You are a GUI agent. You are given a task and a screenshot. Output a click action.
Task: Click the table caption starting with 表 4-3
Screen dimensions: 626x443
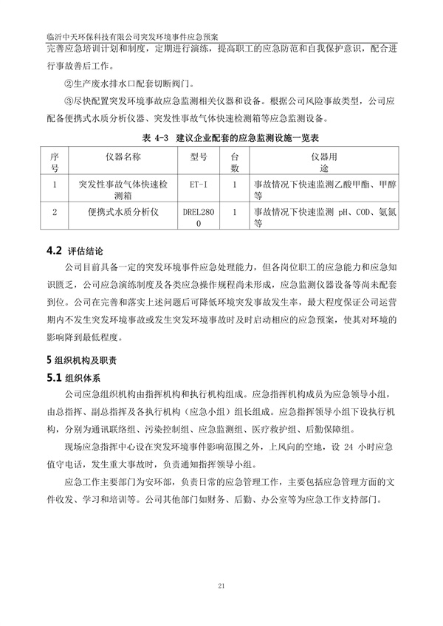[221, 138]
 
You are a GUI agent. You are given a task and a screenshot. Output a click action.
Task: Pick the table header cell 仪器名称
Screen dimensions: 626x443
[121, 157]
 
